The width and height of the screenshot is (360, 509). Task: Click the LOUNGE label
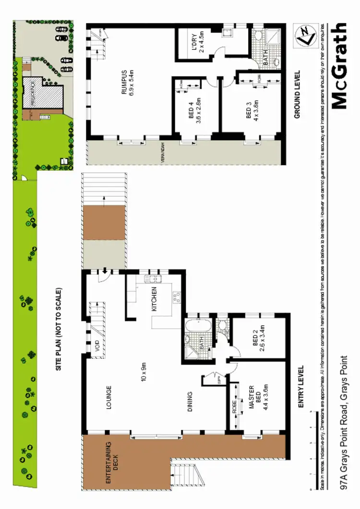tap(109, 397)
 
